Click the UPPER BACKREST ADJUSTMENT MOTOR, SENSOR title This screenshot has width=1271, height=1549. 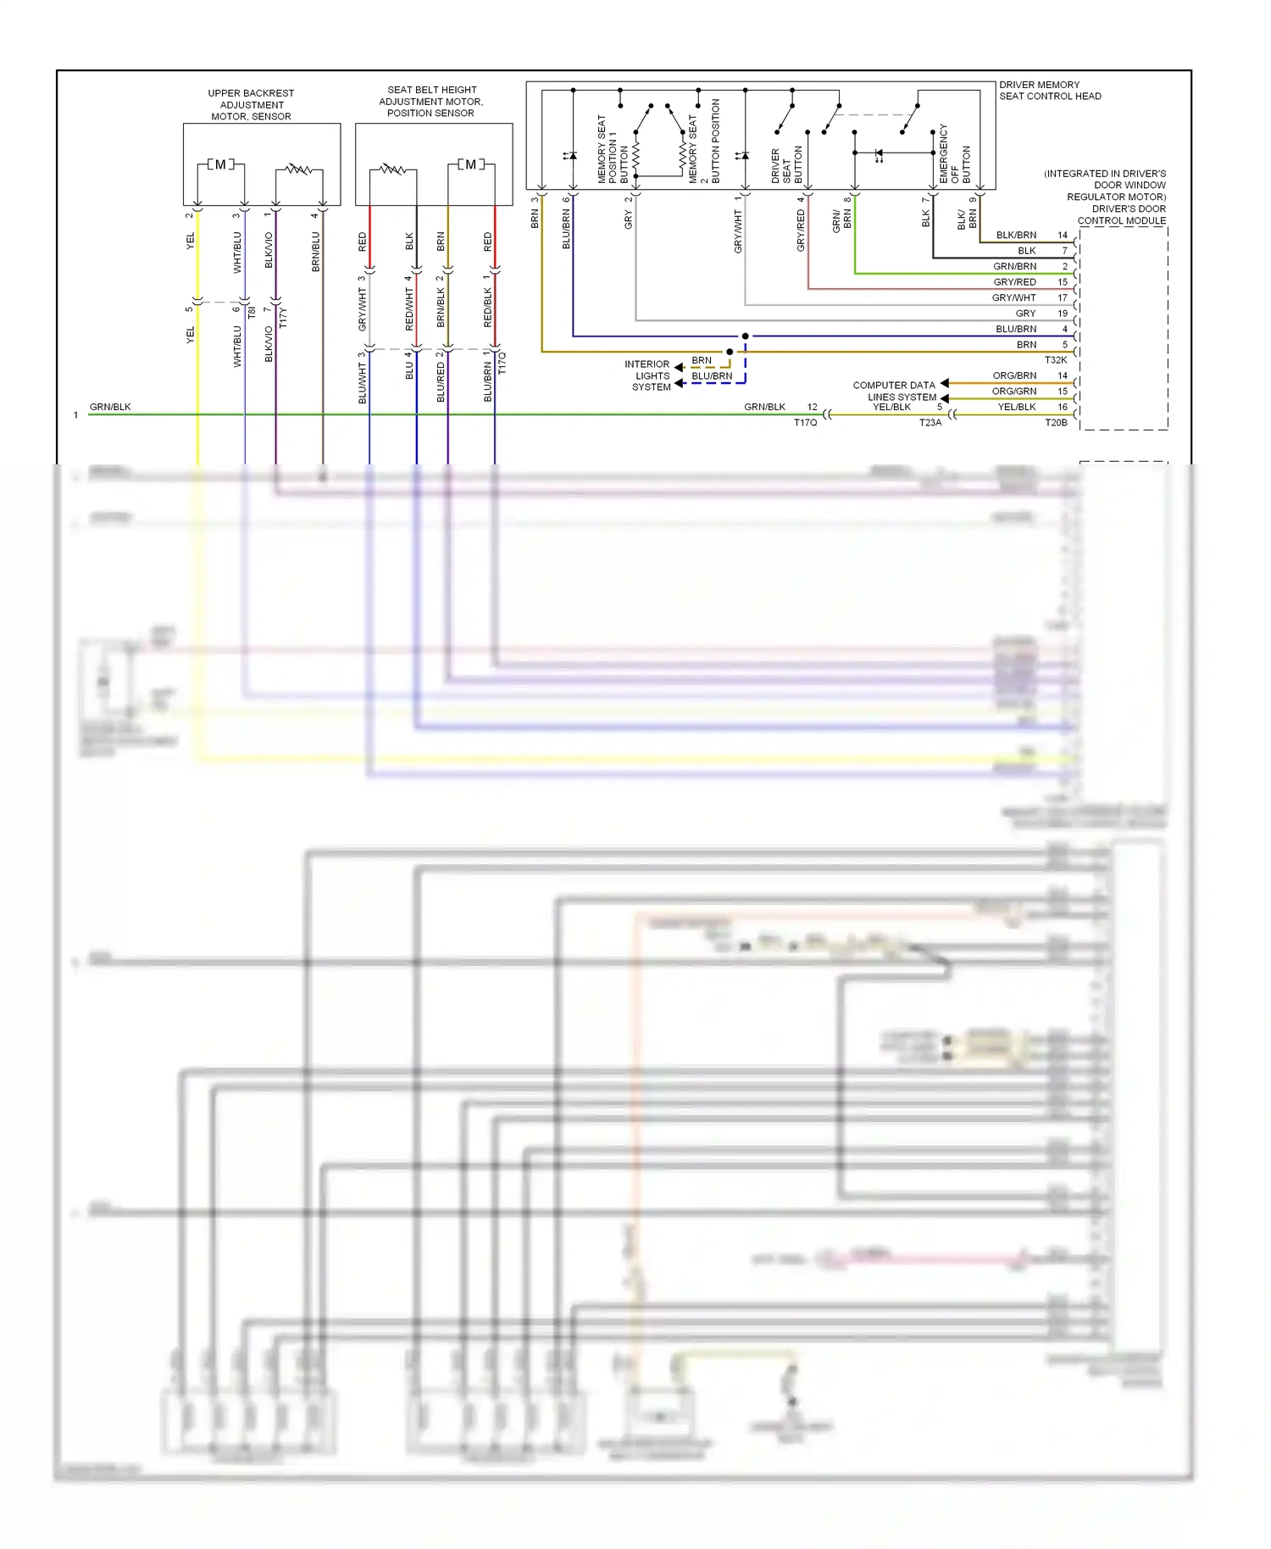pos(251,105)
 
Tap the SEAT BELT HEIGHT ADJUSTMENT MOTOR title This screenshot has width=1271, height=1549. pos(431,101)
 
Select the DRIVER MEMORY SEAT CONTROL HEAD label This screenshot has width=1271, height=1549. pos(1049,91)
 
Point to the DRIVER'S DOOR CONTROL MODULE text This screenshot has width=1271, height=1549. pos(1124,214)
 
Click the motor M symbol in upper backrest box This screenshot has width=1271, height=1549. pos(220,164)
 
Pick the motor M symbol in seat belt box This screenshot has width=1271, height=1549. pos(470,164)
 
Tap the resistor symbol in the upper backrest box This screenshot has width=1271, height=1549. pos(297,169)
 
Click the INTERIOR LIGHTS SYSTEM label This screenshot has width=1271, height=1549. pos(649,375)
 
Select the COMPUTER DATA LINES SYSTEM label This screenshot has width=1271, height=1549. pos(896,391)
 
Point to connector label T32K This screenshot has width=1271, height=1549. pos(1055,360)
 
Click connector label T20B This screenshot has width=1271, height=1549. pos(1056,422)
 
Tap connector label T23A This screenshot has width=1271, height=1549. pos(930,422)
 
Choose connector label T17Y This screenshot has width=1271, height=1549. pos(283,318)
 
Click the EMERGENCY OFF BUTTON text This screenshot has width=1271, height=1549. pos(954,154)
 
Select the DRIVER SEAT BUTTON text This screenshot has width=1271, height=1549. pos(785,165)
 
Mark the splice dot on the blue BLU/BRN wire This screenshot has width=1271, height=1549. pos(745,336)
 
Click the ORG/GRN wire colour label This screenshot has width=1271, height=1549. pos(1013,391)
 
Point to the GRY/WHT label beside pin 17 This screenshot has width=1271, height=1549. pos(1013,297)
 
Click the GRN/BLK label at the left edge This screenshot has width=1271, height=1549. pos(110,407)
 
